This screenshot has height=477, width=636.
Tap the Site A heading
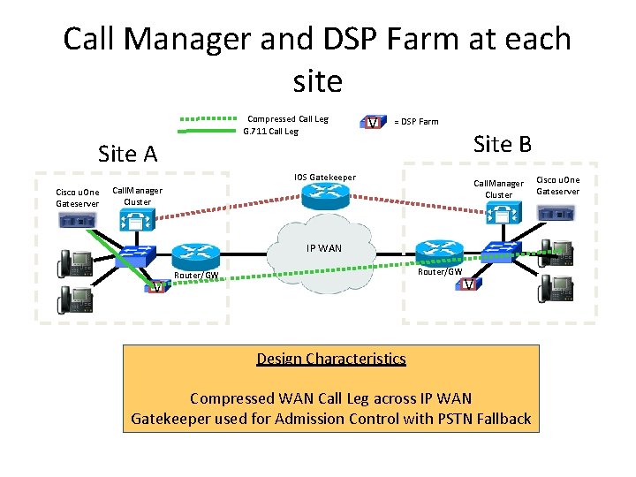pos(127,154)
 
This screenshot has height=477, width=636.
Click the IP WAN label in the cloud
pos(323,248)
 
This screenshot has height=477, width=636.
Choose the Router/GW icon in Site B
pos(435,252)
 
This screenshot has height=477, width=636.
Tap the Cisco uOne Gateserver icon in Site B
pos(558,213)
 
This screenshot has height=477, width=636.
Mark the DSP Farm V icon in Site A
pos(156,285)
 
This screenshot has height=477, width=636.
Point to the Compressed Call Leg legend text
pos(287,119)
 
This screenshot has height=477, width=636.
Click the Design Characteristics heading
pos(331,359)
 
